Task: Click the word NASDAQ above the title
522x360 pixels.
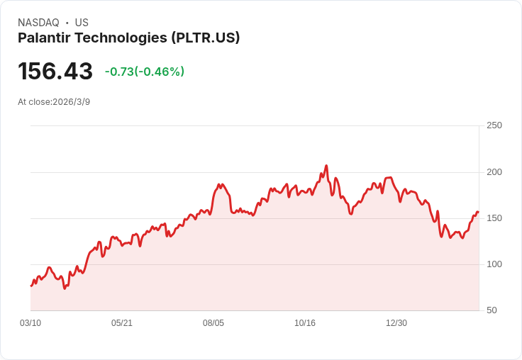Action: pyautogui.click(x=38, y=23)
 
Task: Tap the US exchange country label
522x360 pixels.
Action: pyautogui.click(x=82, y=23)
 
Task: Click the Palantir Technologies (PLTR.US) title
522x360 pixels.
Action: pyautogui.click(x=128, y=38)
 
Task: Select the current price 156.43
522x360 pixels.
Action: pyautogui.click(x=55, y=71)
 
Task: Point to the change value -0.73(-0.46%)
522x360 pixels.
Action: pyautogui.click(x=145, y=72)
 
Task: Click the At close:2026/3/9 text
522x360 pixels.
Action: pyautogui.click(x=54, y=102)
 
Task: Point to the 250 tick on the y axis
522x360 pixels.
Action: pyautogui.click(x=494, y=125)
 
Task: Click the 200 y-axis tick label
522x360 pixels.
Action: pyautogui.click(x=494, y=172)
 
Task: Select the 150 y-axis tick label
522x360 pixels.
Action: pyautogui.click(x=494, y=218)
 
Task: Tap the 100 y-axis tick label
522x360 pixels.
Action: pyautogui.click(x=494, y=264)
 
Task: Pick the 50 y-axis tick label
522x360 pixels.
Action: pyautogui.click(x=492, y=310)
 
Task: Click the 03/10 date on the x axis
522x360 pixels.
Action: pyautogui.click(x=30, y=323)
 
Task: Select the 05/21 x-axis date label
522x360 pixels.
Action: pyautogui.click(x=122, y=323)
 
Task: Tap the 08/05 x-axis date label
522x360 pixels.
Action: pyautogui.click(x=213, y=323)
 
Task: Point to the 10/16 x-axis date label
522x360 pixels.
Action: pyautogui.click(x=305, y=323)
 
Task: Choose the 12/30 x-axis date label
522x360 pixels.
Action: pyautogui.click(x=396, y=323)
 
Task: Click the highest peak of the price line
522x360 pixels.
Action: pyautogui.click(x=326, y=166)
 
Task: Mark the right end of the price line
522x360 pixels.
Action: pyautogui.click(x=478, y=212)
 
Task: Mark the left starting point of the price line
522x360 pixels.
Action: pyautogui.click(x=31, y=286)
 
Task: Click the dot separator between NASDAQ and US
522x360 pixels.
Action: pyautogui.click(x=67, y=23)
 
